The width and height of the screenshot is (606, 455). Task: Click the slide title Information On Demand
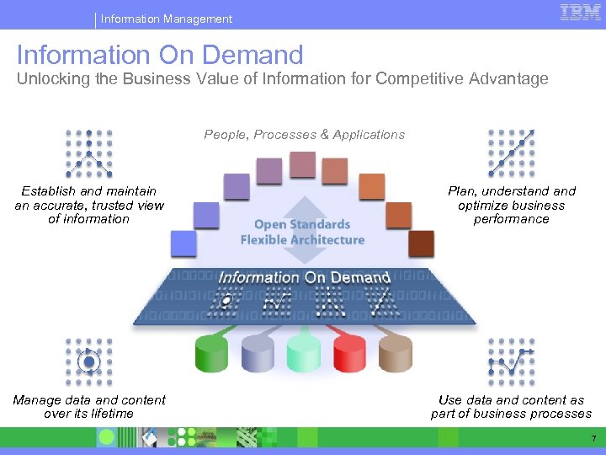point(160,55)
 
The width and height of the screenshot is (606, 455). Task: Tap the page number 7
point(593,438)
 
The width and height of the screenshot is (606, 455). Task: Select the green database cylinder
point(211,353)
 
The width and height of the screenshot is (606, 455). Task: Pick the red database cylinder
point(349,353)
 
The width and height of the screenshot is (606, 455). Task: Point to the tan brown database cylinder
point(395,353)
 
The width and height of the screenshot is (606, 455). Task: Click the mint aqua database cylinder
point(303,353)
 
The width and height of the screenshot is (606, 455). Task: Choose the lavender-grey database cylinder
point(258,353)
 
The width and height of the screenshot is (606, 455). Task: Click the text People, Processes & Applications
point(304,135)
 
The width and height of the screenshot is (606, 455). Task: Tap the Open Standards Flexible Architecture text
point(302,232)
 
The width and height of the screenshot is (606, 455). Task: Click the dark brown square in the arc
point(421,244)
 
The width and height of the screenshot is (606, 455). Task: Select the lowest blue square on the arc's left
point(183,244)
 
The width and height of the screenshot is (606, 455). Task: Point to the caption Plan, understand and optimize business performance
point(512,205)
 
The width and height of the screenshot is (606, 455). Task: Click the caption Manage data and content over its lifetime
point(89,407)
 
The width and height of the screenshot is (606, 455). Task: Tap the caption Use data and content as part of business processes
point(511,407)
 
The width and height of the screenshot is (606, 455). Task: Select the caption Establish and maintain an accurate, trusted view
point(89,205)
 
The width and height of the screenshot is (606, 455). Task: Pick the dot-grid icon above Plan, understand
point(512,153)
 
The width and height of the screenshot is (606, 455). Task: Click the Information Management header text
point(167,19)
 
